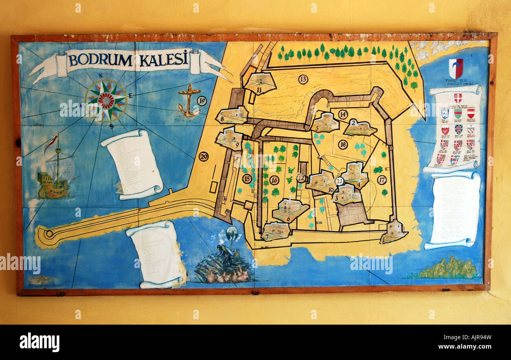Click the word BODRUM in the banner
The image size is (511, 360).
100,60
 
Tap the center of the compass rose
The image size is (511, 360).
106,100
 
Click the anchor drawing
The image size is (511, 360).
188,101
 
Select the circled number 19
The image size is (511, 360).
202,101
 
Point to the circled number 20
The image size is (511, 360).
203,156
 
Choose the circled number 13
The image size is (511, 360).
303,79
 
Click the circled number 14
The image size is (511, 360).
343,114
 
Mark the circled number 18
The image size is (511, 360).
343,145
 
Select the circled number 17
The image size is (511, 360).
381,180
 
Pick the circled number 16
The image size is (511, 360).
274,180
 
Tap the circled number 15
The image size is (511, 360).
247,179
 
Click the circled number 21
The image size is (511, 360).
340,181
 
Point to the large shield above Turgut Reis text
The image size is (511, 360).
456,68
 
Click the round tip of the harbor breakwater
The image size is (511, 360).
49,233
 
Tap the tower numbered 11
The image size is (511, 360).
259,83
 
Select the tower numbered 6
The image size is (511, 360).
290,209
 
